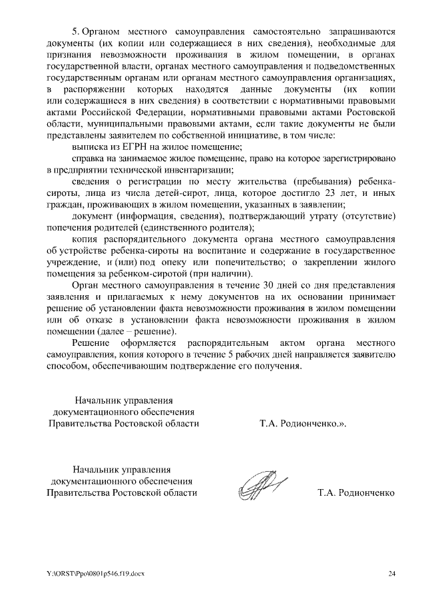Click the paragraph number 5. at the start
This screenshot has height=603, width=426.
[x=76, y=31]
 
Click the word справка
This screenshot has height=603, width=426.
[x=88, y=158]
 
